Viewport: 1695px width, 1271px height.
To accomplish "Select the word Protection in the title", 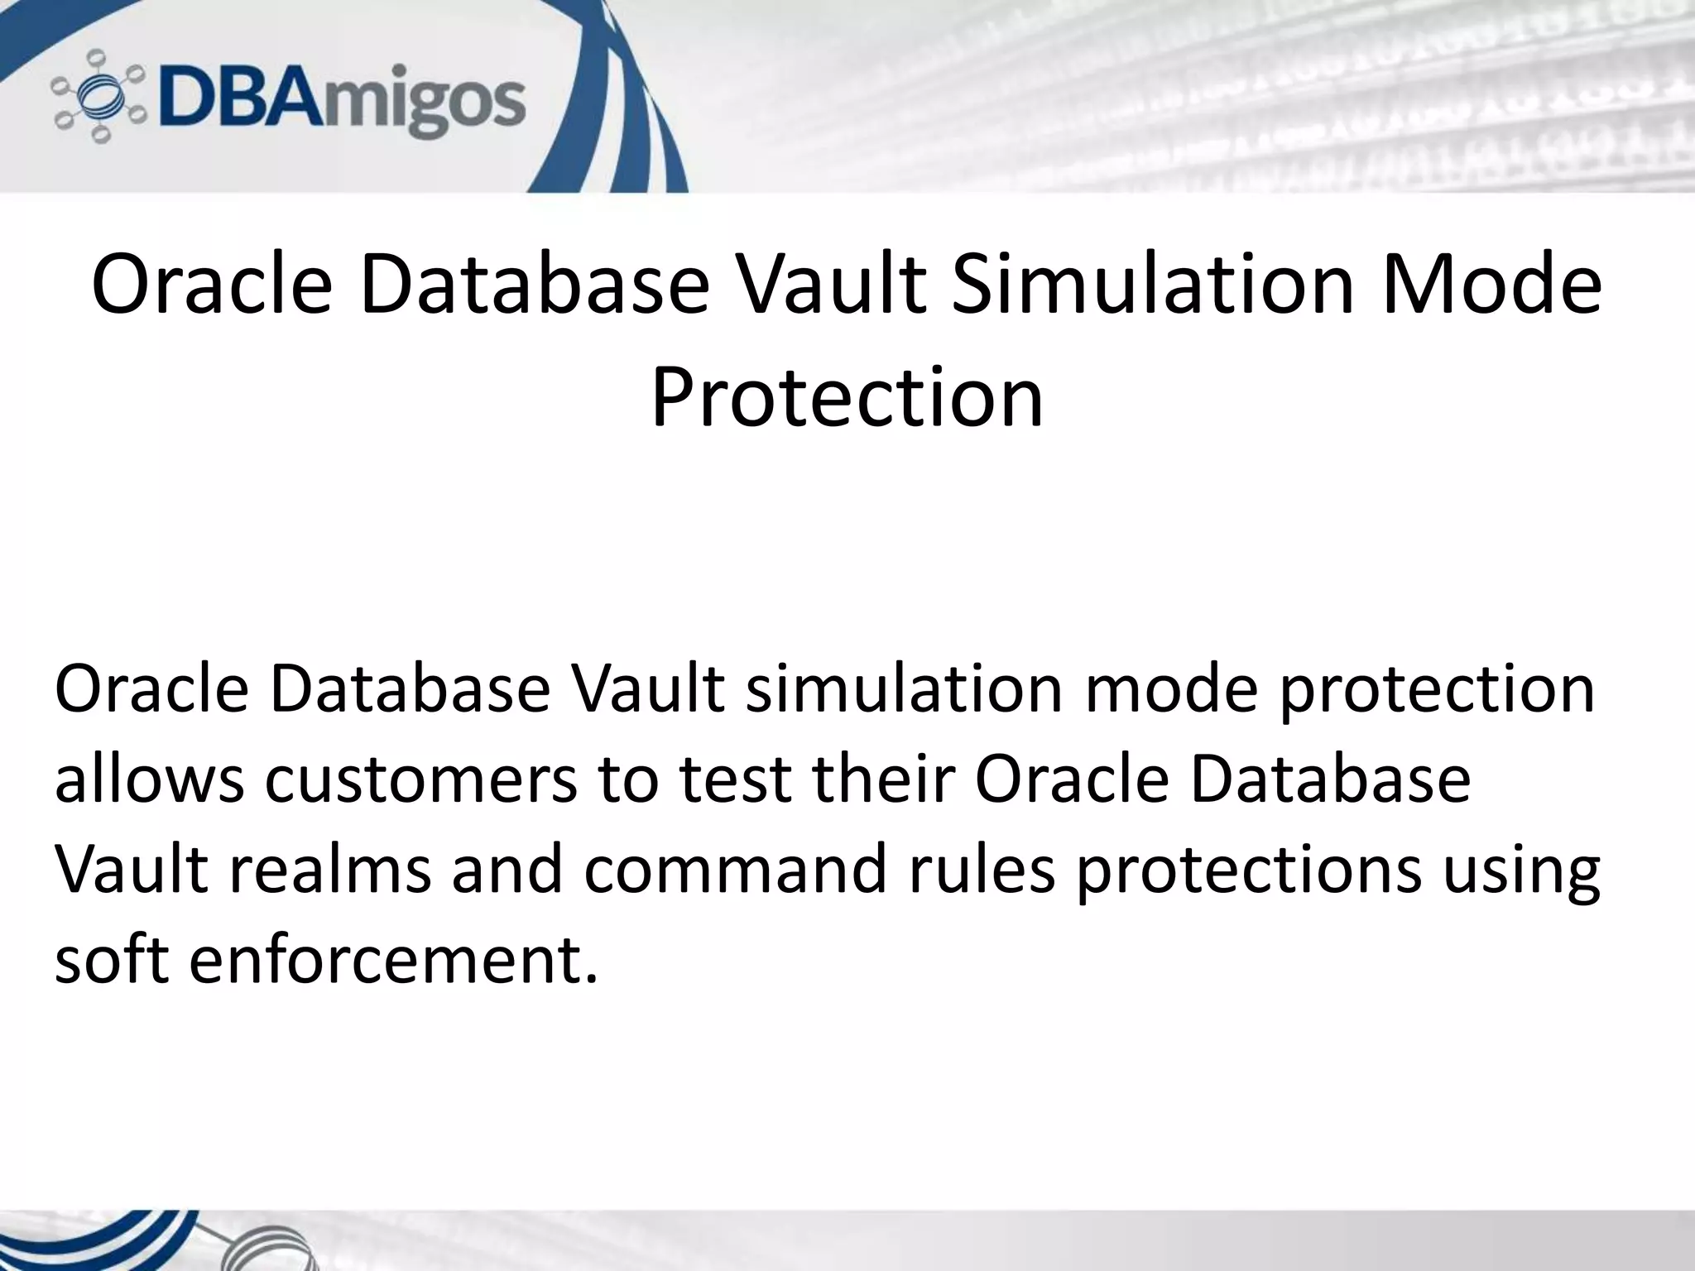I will pos(847,399).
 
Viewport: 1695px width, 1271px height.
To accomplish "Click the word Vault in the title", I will pos(828,285).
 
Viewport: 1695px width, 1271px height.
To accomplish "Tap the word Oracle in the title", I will pos(212,285).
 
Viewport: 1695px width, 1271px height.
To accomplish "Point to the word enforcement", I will pos(393,962).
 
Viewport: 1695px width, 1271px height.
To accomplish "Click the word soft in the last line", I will pos(111,962).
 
